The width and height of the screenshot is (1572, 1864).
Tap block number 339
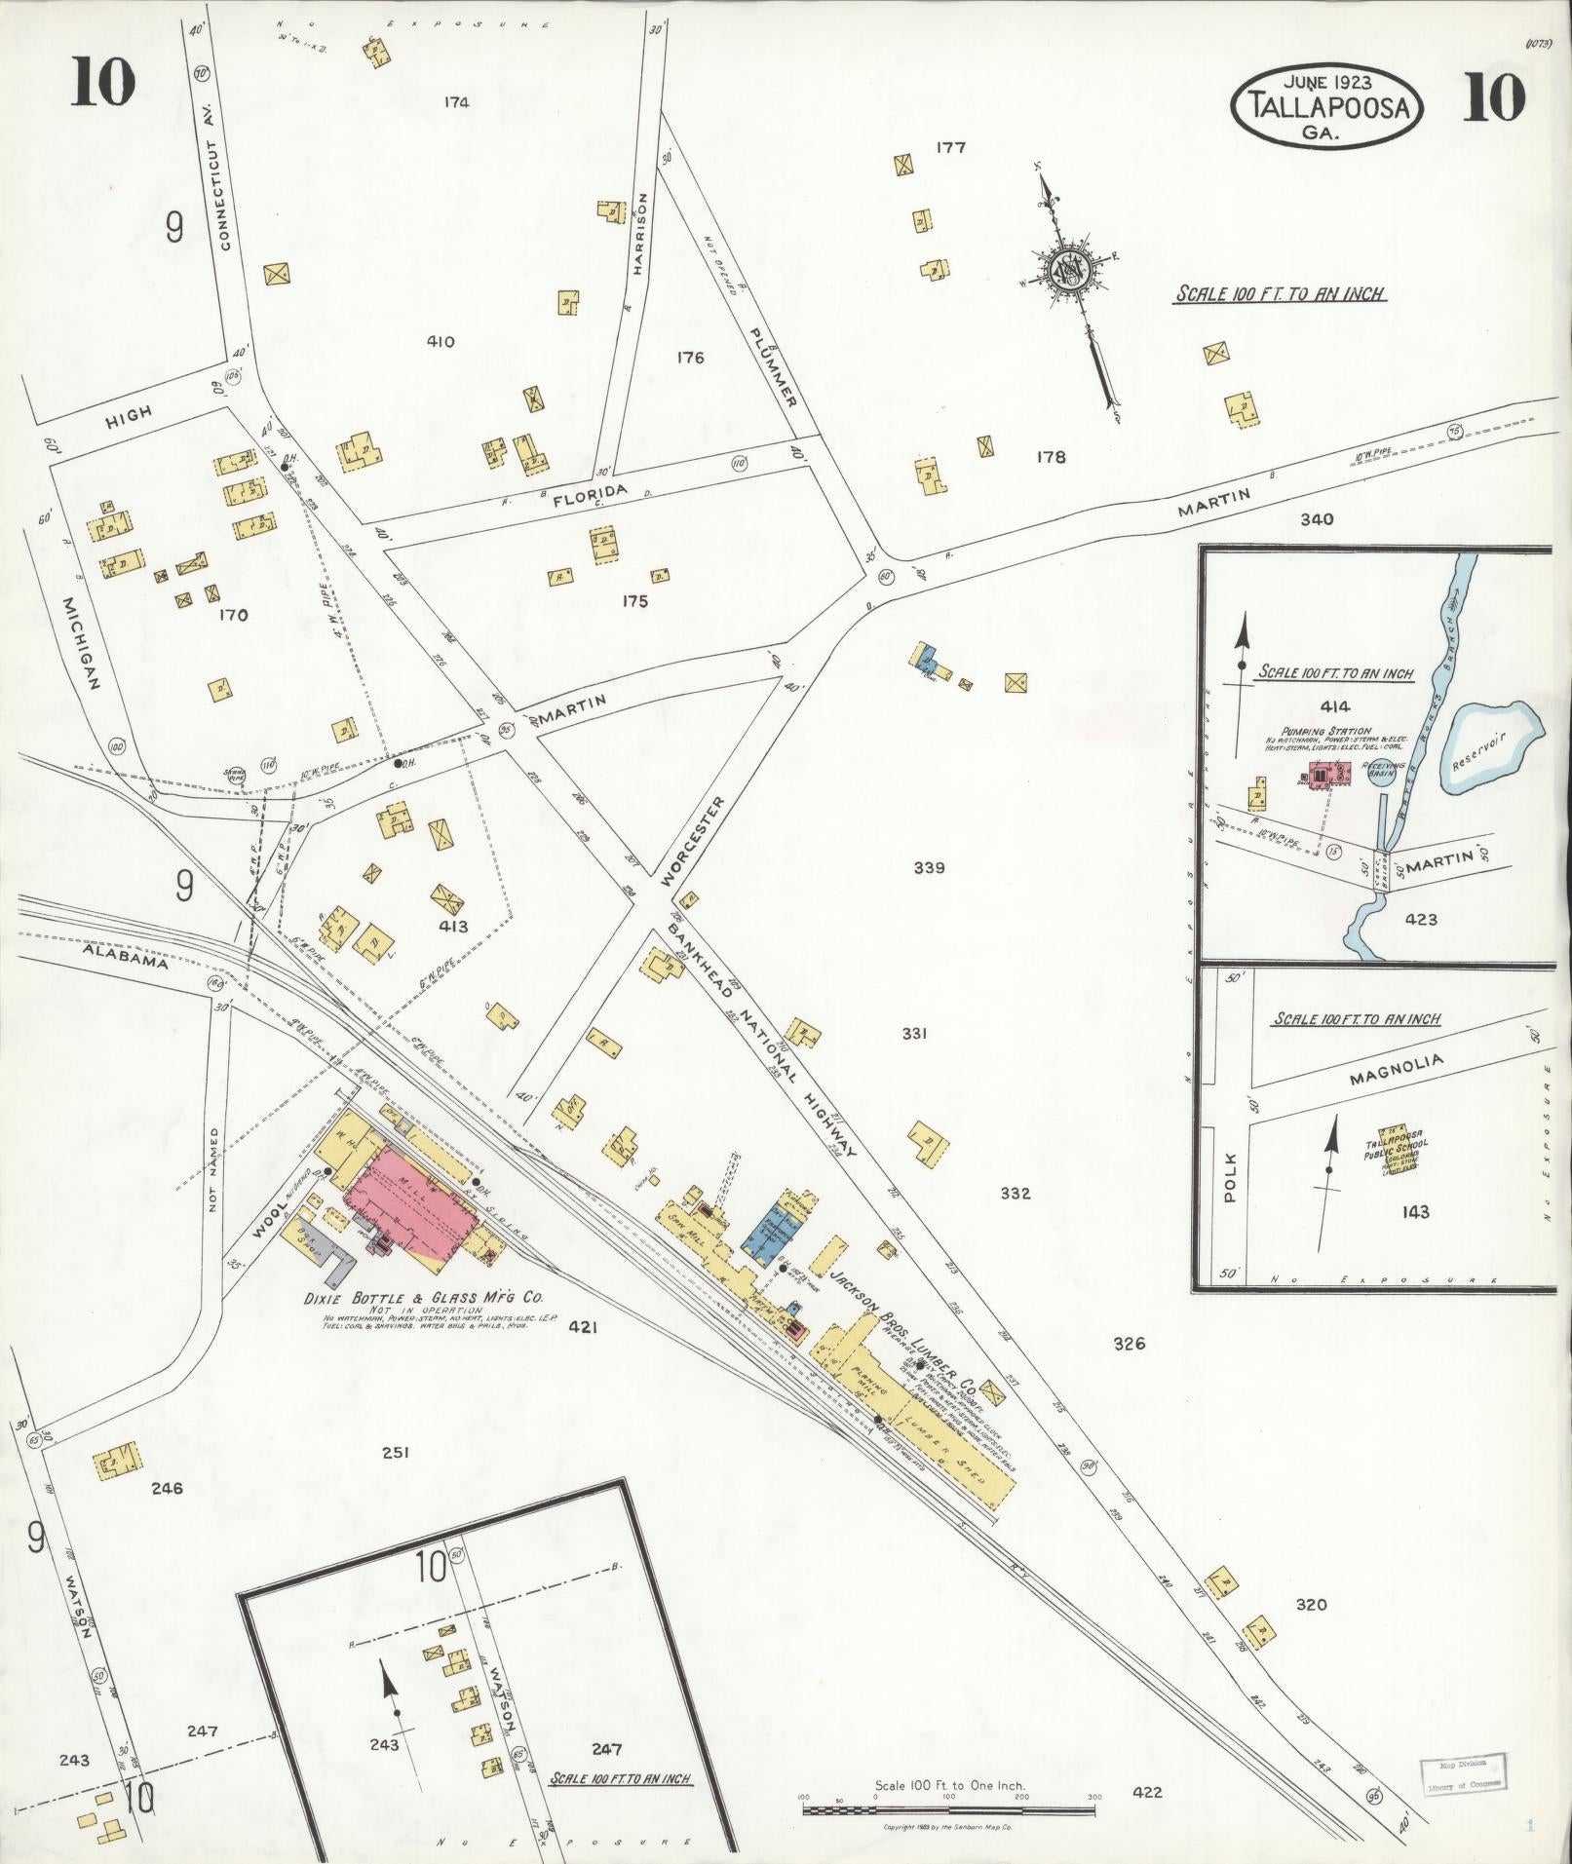[x=929, y=868]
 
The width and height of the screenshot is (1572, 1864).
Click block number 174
[x=455, y=101]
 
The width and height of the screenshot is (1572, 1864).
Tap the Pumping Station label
[x=1334, y=731]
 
